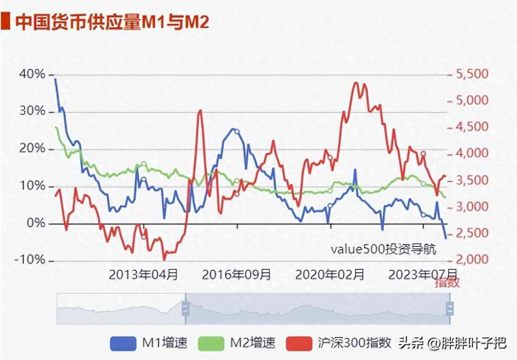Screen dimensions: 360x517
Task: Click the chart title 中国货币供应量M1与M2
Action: pos(112,23)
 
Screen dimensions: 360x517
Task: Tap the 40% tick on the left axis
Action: pos(32,74)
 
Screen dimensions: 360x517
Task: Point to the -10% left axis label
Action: pos(30,260)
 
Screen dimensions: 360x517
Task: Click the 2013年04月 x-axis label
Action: pos(144,274)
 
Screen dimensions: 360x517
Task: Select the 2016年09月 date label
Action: pos(236,274)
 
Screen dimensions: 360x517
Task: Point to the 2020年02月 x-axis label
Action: pos(330,274)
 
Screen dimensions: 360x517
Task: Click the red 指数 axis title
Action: pos(447,283)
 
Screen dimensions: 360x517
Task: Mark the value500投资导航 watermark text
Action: pos(383,249)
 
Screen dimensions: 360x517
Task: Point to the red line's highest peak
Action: pos(355,83)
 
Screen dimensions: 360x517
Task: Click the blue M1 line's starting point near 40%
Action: pos(55,79)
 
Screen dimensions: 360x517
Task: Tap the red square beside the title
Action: pos(6,22)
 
